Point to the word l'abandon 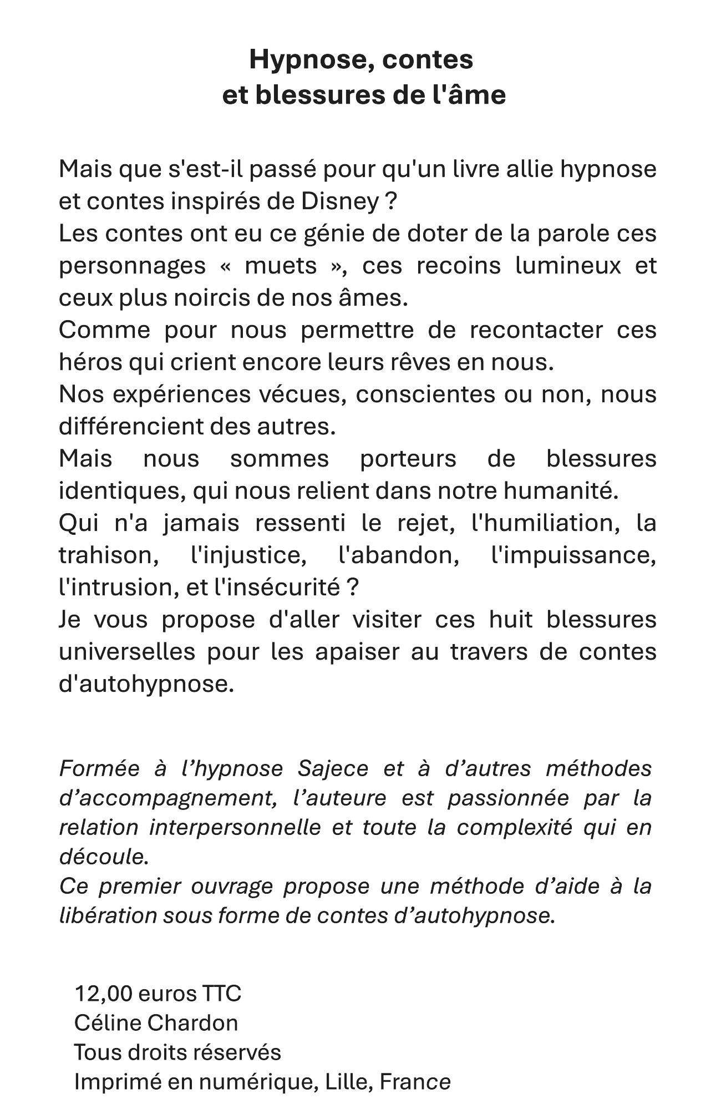point(398,555)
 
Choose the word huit point(510,620)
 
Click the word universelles point(127,652)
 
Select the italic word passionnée point(508,798)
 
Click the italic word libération point(107,916)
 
